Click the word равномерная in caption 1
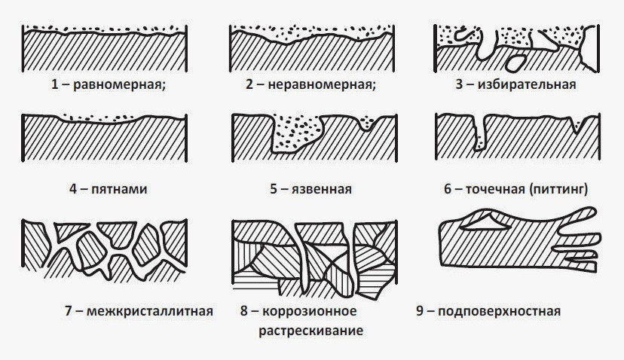click(119, 84)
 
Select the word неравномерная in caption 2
click(322, 84)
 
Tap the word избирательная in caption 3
click(527, 84)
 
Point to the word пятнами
click(119, 188)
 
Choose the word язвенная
click(322, 188)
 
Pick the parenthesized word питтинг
click(558, 188)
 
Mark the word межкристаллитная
click(150, 311)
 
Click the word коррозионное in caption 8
click(309, 311)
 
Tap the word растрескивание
click(310, 331)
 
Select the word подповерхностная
click(499, 311)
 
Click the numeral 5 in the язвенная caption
click(274, 188)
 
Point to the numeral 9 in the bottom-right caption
click(420, 311)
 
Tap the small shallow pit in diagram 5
click(366, 123)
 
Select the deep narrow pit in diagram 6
click(479, 133)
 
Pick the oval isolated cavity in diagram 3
click(515, 63)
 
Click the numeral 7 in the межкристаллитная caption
click(69, 311)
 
